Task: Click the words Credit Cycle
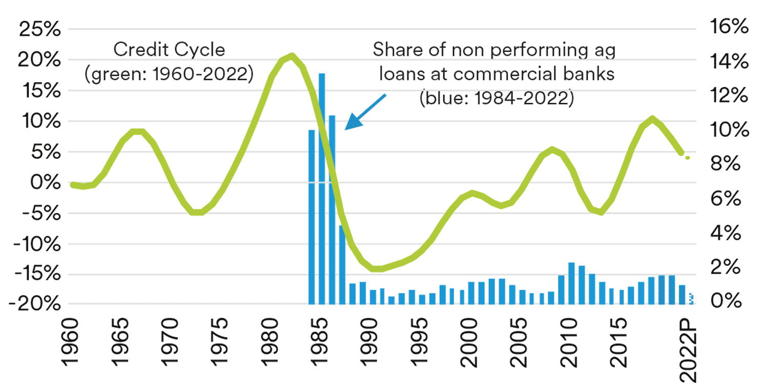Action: point(169,50)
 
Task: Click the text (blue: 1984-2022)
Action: point(496,97)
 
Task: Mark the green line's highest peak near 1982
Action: point(292,55)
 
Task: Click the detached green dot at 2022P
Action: point(688,157)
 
